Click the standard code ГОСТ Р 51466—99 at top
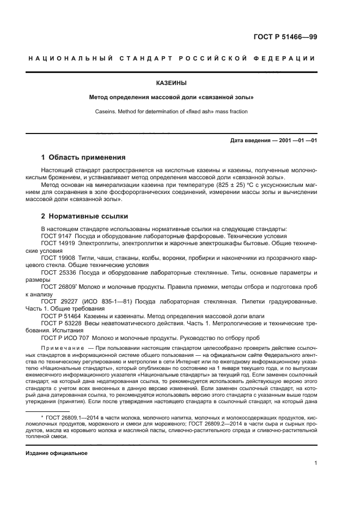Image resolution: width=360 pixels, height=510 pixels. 285,37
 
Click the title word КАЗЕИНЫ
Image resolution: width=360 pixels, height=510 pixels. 171,83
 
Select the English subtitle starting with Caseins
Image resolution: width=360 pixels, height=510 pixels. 171,111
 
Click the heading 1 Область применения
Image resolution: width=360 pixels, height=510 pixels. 83,157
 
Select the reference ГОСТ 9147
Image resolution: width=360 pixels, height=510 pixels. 55,236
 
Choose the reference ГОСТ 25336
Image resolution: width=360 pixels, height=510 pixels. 57,272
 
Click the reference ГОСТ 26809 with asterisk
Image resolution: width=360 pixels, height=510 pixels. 57,287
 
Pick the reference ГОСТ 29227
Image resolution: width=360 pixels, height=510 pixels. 57,301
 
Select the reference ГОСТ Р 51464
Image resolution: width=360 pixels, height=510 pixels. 59,316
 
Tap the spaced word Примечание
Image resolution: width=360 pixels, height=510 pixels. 64,347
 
